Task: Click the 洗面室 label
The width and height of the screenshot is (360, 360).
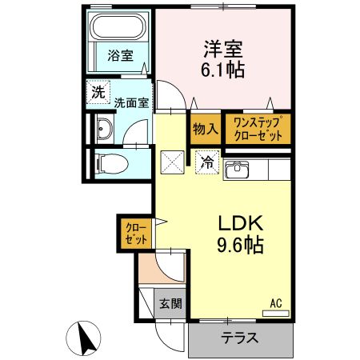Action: pyautogui.click(x=130, y=102)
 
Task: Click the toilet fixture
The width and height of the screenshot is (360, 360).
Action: pyautogui.click(x=105, y=164)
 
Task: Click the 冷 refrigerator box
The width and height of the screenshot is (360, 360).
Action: pyautogui.click(x=206, y=162)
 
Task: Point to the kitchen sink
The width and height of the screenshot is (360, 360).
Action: pyautogui.click(x=238, y=170)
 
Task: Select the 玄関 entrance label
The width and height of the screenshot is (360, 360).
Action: pyautogui.click(x=169, y=303)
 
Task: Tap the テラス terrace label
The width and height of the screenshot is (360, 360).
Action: pyautogui.click(x=240, y=338)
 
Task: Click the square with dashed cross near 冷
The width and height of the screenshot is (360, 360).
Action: pyautogui.click(x=174, y=162)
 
